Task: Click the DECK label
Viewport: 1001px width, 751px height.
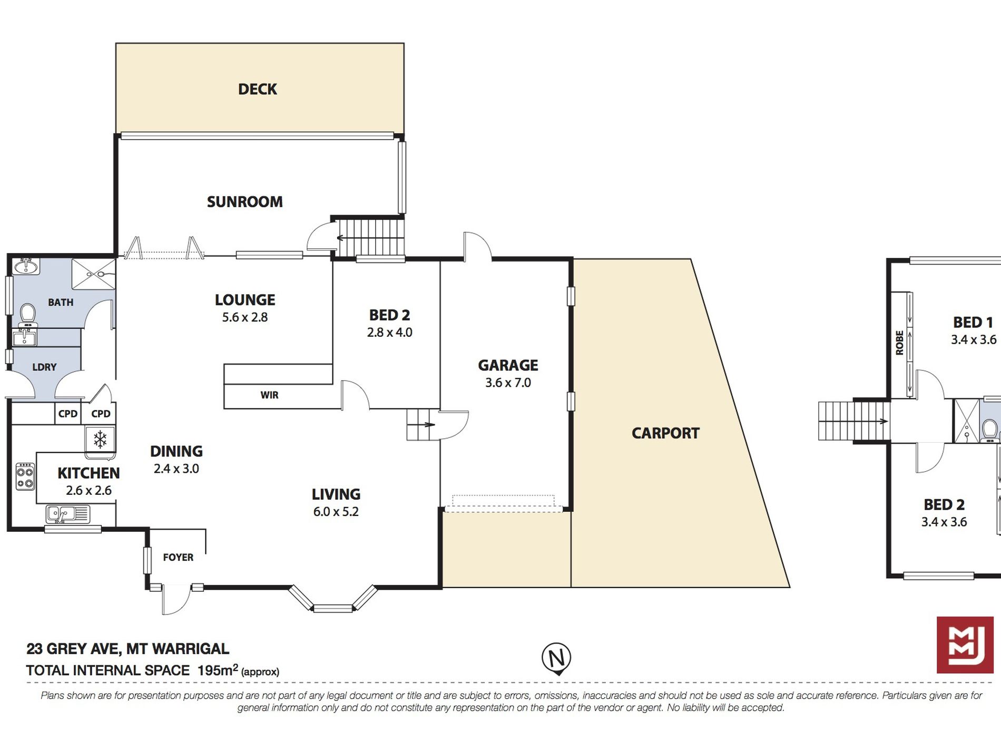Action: [x=258, y=89]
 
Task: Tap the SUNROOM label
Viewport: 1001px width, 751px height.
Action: [x=245, y=202]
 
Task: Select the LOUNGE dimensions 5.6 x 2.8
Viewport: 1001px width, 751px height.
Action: [x=245, y=317]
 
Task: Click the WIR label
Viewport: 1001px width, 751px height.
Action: [x=269, y=395]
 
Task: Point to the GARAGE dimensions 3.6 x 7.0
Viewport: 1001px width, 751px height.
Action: [x=508, y=383]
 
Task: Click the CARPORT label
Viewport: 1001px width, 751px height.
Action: [x=665, y=433]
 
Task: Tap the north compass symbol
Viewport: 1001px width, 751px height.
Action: [x=556, y=658]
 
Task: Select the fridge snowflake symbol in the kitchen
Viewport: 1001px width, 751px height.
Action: [x=100, y=439]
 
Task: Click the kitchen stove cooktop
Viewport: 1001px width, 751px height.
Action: [x=25, y=476]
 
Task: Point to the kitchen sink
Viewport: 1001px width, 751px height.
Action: [x=67, y=513]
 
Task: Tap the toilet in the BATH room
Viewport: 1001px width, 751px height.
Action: [x=27, y=315]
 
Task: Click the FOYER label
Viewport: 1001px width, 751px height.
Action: [x=178, y=557]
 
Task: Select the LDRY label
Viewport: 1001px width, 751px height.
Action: [x=44, y=367]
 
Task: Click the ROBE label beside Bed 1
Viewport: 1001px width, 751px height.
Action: [x=899, y=343]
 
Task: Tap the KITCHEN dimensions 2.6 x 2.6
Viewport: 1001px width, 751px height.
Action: [x=89, y=491]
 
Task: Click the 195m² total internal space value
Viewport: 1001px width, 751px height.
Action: [x=218, y=670]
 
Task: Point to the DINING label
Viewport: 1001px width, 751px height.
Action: [x=176, y=451]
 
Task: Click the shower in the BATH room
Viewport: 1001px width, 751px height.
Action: [x=93, y=274]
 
